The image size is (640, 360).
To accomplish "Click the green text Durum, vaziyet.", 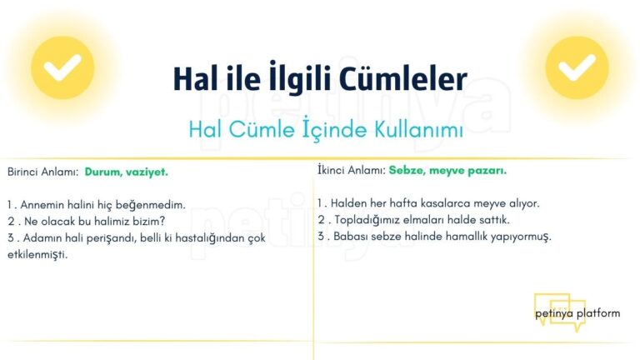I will pos(126,172).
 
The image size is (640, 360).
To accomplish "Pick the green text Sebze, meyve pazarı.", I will pos(447,170).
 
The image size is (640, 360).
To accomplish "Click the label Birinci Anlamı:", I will pos(42,172).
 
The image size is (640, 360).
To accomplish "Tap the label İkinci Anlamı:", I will pos(351,170).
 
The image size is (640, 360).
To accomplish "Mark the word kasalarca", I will pos(447,202).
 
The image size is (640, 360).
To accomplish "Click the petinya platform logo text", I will pos(577,313).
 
